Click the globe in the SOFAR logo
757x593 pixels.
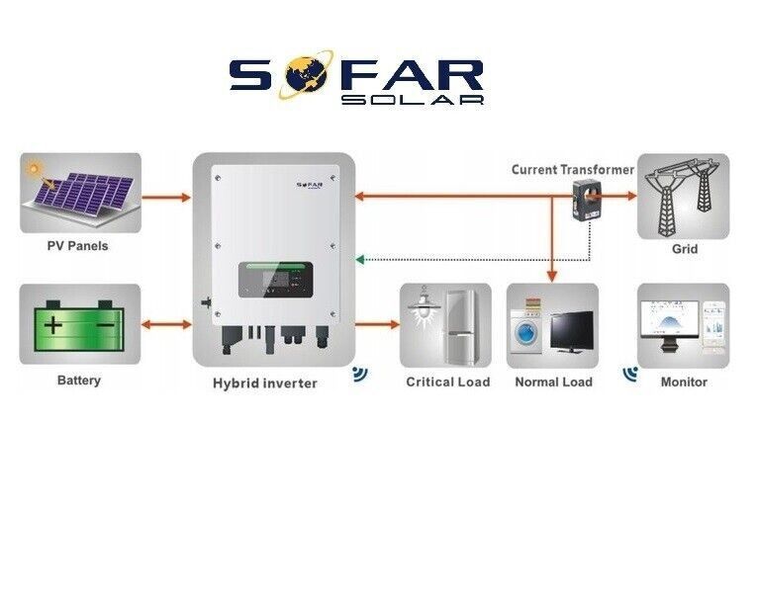305,75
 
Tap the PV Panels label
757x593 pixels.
78,246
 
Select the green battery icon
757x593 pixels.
79,326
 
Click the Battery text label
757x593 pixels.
79,381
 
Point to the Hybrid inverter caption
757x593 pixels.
265,383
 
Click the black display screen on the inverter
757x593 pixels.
276,280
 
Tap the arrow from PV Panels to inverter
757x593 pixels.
166,198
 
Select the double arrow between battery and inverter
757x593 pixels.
166,324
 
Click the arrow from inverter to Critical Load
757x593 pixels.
378,324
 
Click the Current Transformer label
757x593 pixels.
573,170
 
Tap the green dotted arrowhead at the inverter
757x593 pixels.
359,260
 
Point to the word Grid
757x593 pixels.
685,249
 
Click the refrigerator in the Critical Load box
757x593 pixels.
461,326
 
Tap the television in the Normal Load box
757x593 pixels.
572,332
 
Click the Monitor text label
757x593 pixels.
684,382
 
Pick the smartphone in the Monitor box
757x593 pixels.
713,324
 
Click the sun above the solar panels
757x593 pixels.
35,169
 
